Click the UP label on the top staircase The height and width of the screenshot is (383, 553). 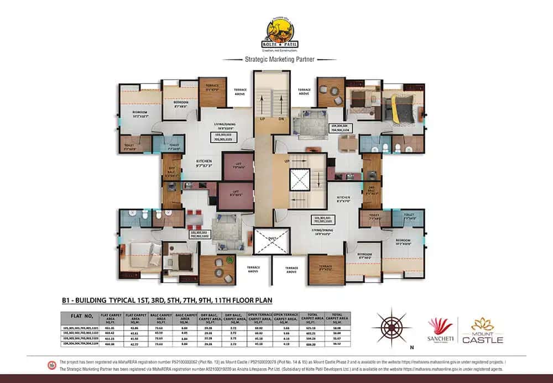264,118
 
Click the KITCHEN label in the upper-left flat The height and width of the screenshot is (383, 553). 205,162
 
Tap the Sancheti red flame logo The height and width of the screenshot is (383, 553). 440,327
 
